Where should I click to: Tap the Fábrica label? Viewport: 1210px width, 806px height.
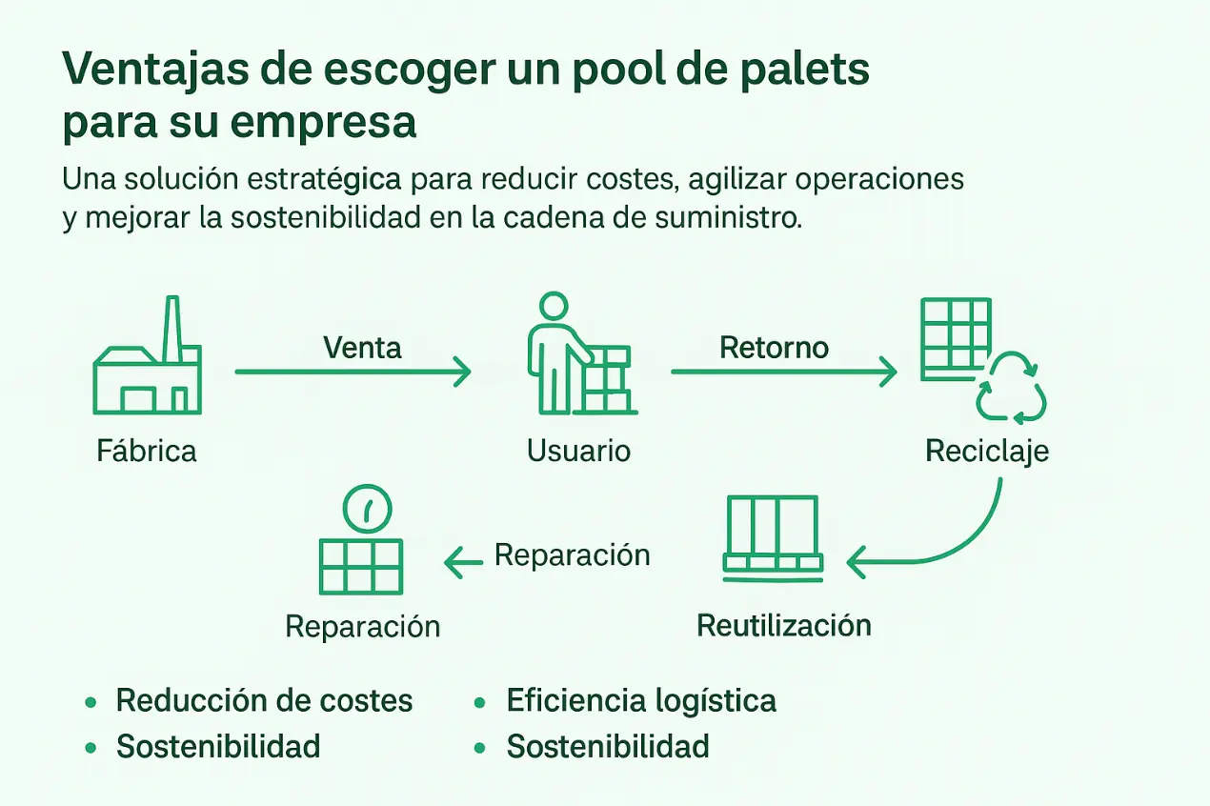pos(147,450)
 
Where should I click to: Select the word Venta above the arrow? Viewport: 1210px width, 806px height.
pos(362,347)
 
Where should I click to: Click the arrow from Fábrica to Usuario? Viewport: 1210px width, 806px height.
pos(353,372)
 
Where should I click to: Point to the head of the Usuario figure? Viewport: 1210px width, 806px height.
pos(553,307)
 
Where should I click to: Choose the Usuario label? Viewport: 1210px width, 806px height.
pos(579,450)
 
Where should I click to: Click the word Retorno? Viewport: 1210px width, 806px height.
pos(774,347)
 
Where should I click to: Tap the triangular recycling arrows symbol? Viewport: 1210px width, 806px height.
pos(1011,389)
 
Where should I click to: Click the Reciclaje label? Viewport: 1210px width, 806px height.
pos(987,450)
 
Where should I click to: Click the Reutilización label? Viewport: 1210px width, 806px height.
pos(784,626)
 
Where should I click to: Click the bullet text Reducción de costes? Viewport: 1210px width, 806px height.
pos(264,701)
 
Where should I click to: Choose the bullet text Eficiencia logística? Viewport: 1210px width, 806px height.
pos(641,701)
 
